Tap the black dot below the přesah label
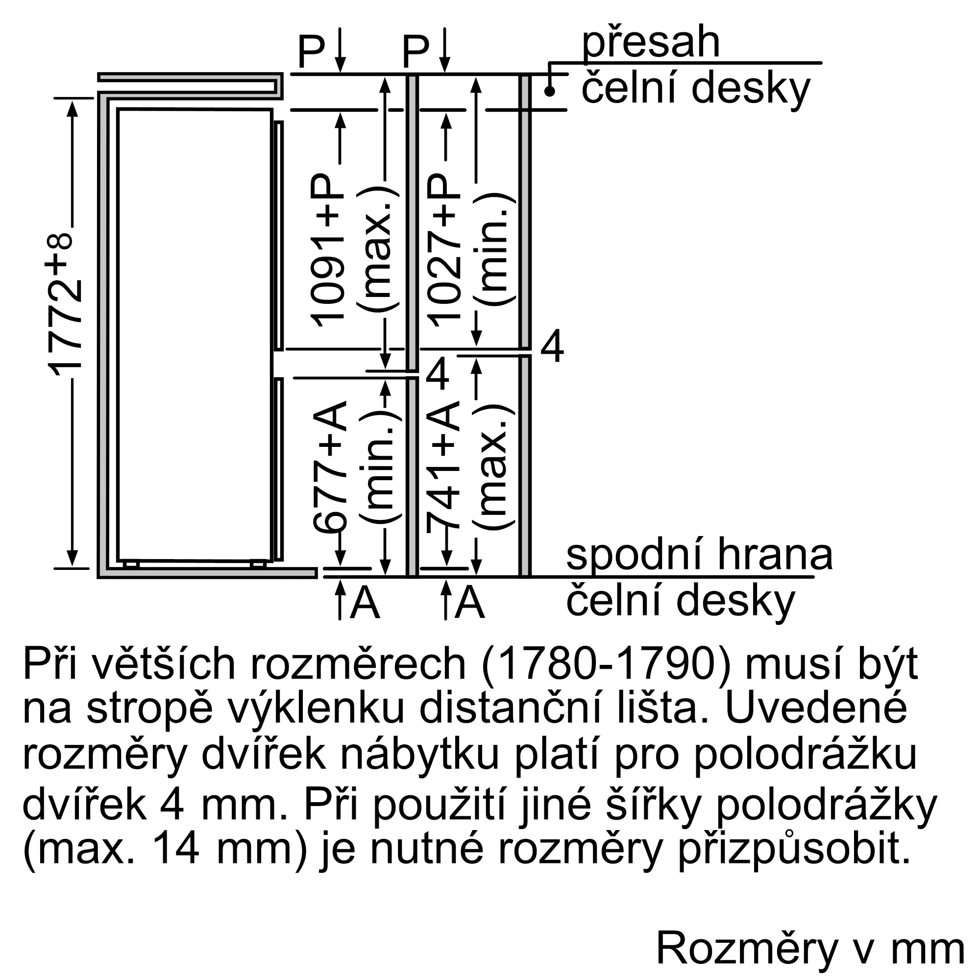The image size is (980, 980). click(x=549, y=92)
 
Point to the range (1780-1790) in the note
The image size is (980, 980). click(x=606, y=664)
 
